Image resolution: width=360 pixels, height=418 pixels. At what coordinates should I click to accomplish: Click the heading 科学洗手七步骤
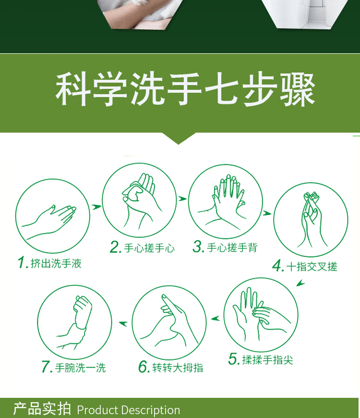pos(185,89)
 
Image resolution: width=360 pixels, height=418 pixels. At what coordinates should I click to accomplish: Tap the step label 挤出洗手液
pos(56,263)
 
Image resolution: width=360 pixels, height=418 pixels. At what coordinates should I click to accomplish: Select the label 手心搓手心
pos(149,248)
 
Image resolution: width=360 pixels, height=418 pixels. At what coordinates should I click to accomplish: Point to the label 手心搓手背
pos(232,247)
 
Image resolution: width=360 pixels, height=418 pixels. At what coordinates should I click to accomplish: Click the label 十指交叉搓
pos(312,267)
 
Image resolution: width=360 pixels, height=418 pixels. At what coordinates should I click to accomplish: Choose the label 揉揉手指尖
pos(268,360)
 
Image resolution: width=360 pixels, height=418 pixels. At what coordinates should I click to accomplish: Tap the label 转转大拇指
pos(178,368)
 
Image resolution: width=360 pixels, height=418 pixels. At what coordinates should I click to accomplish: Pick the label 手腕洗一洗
pos(81,368)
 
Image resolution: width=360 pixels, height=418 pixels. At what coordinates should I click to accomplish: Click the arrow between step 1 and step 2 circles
pos(96,207)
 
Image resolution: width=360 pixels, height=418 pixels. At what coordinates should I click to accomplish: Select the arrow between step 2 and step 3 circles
pos(182,198)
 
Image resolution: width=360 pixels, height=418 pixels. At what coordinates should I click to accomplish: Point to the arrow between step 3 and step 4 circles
pos(267,213)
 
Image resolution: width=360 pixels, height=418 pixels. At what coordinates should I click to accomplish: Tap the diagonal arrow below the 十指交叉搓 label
pos(300,283)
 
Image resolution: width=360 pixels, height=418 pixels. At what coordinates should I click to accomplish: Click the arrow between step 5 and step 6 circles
pos(216,318)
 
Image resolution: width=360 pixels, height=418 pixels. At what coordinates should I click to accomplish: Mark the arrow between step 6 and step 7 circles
pos(123,324)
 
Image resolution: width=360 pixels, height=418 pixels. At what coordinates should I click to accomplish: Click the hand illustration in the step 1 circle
pos(49,221)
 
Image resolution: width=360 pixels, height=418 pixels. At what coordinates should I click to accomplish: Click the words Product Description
pos(129,410)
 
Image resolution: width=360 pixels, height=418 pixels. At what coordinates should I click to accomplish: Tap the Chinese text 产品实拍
pos(42,409)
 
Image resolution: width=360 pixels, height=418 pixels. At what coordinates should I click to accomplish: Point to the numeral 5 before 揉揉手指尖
pos(232,359)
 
